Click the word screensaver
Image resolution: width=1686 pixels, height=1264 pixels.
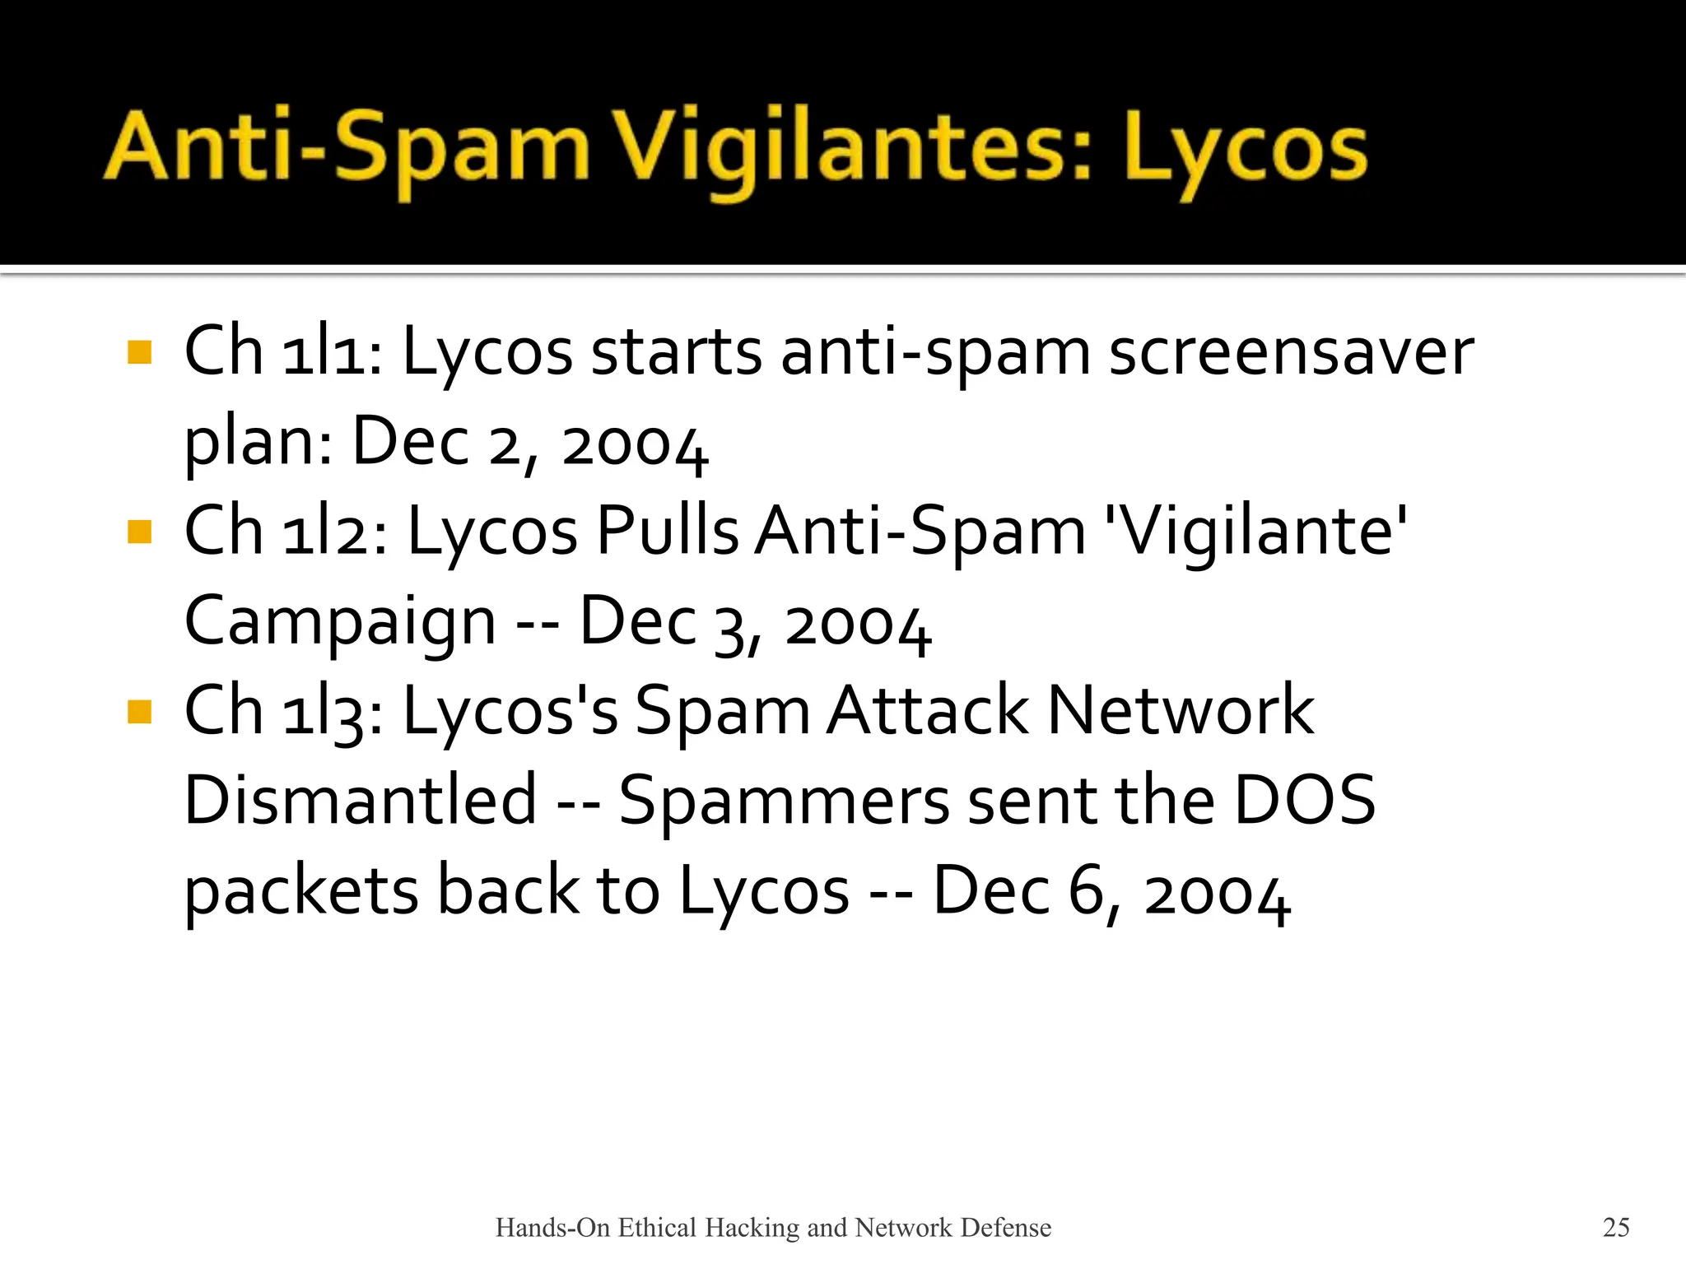1291,352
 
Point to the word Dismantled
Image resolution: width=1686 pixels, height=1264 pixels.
361,800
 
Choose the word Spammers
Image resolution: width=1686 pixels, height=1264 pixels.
784,802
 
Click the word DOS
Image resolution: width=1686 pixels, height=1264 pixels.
1304,800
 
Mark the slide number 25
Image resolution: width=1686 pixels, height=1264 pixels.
1616,1227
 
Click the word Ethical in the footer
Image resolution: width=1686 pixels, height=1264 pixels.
658,1227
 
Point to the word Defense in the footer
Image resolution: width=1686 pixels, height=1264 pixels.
1006,1227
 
